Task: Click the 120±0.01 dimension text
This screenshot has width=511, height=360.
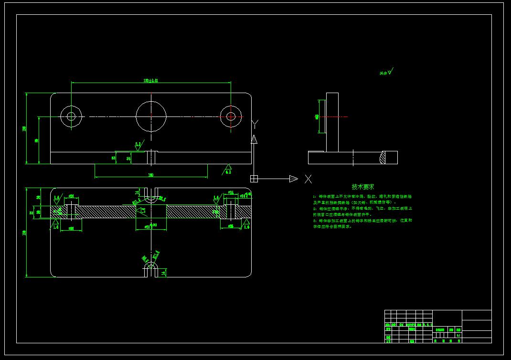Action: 151,81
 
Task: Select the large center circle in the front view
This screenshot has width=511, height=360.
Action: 151,116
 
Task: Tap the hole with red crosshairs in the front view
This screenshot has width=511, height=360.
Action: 231,116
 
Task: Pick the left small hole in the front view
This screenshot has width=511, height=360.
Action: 71,116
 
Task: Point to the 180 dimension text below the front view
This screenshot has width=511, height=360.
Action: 151,175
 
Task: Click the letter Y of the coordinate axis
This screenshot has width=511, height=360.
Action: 255,125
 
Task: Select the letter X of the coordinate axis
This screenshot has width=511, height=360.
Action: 309,179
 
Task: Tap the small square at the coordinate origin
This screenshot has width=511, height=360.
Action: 254,179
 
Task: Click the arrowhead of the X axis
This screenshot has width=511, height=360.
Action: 293,179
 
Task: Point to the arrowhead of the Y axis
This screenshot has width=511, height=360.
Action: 254,139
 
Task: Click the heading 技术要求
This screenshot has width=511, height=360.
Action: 363,187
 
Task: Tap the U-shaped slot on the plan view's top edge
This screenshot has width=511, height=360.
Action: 151,194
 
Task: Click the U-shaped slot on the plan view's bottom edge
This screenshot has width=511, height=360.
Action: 151,269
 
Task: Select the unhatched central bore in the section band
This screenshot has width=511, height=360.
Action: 151,212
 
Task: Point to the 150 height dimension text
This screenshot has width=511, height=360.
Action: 24,128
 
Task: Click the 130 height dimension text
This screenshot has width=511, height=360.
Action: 24,233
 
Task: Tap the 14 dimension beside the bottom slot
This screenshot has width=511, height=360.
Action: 164,273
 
